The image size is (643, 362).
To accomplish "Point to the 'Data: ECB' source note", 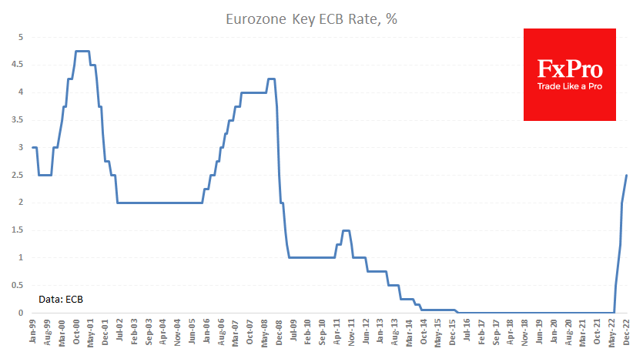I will coord(62,298).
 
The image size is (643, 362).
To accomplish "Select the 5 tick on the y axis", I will coord(21,37).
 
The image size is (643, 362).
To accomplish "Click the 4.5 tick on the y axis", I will coord(18,65).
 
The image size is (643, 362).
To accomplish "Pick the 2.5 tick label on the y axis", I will coord(18,175).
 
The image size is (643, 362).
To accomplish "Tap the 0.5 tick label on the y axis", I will coord(18,285).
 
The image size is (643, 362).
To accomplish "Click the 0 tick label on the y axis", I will coord(21,313).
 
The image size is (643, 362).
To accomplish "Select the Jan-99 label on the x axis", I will coord(34,333).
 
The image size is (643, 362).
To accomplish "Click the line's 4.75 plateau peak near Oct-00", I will coord(82,51).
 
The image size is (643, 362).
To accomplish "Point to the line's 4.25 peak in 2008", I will coord(271,79).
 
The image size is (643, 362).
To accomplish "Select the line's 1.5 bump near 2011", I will coord(346,230).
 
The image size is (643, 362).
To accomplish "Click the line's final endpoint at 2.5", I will coord(627,175).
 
